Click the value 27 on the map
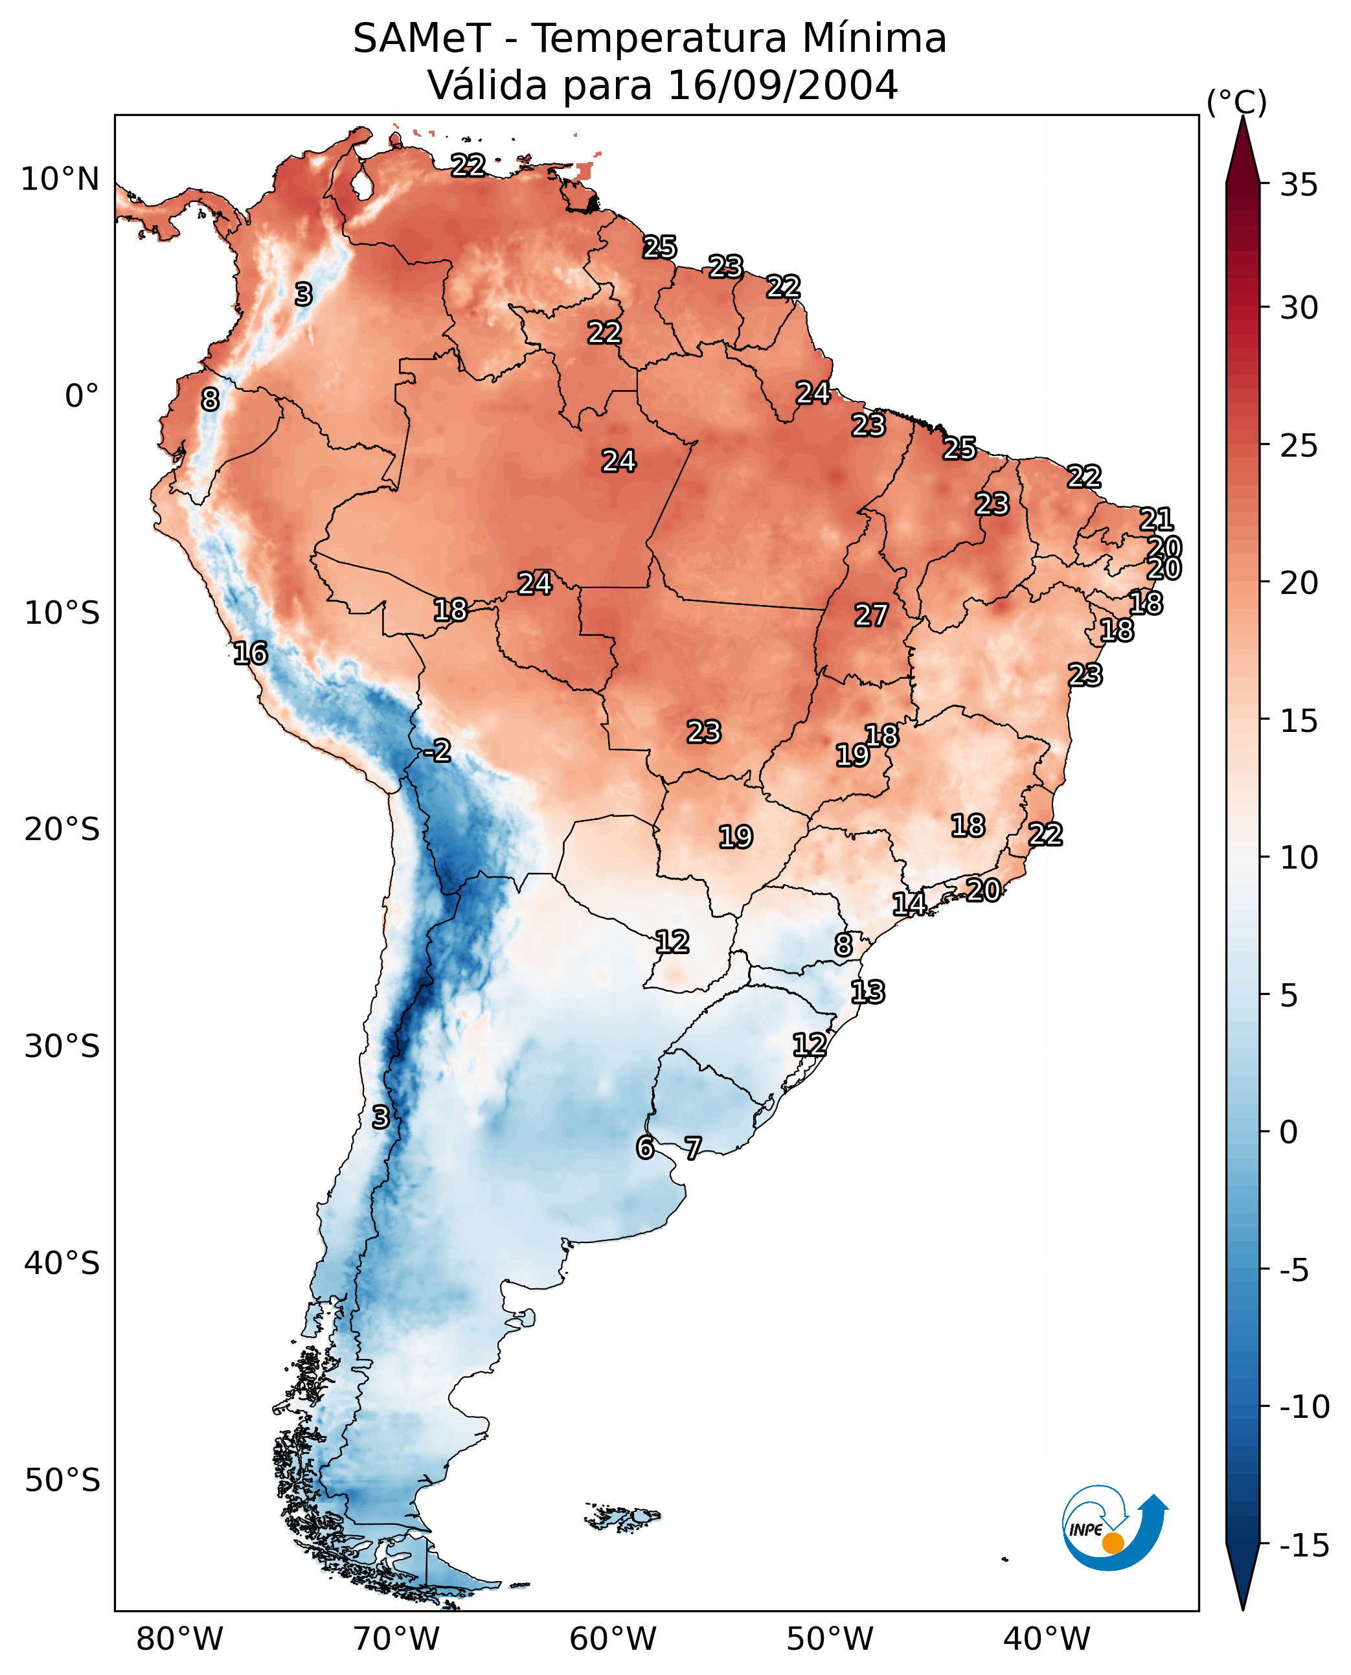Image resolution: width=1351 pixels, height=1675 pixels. tap(871, 616)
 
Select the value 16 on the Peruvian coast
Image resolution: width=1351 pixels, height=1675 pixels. tap(251, 653)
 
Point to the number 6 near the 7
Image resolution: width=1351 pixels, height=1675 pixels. tap(644, 1147)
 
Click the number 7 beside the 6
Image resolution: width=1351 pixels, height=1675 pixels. tap(692, 1147)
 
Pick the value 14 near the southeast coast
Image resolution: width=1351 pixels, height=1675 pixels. tap(908, 904)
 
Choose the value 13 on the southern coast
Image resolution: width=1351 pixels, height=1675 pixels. tap(867, 992)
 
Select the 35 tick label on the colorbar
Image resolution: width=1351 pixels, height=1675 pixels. tap(1299, 185)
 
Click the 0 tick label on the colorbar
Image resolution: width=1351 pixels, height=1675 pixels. tap(1289, 1132)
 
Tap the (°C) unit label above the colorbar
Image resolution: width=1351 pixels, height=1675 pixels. tap(1236, 102)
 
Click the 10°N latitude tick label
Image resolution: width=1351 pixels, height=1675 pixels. tap(60, 180)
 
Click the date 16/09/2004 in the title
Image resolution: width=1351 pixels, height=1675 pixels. tap(783, 85)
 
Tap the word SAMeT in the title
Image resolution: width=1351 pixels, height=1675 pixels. tap(421, 38)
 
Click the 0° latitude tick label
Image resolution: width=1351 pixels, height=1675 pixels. tap(82, 396)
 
